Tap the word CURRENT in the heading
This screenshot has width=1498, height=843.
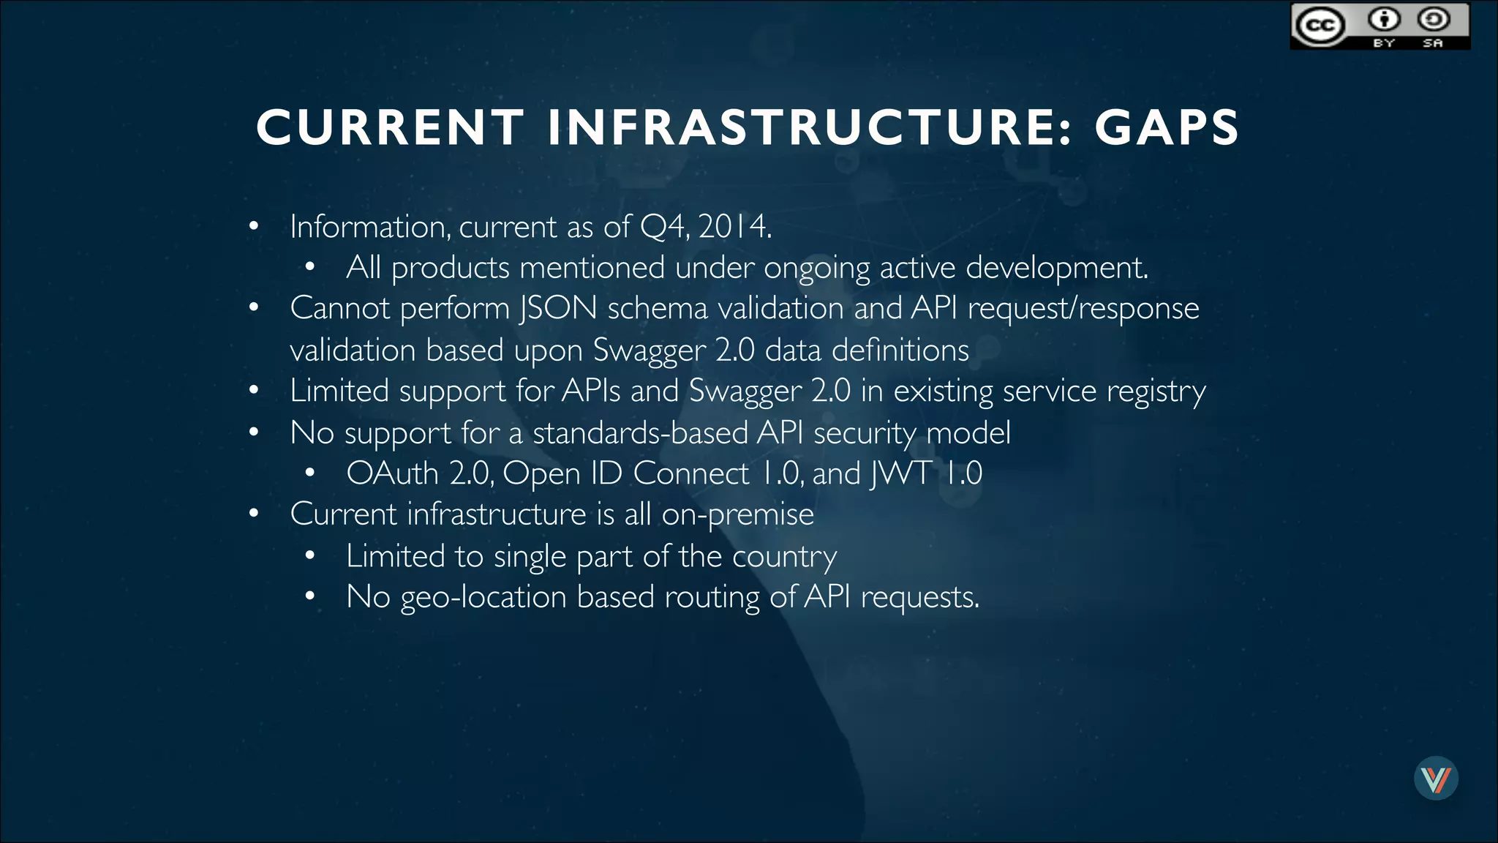click(390, 127)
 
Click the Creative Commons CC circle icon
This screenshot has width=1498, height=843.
click(1320, 26)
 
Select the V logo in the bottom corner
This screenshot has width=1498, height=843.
click(1436, 779)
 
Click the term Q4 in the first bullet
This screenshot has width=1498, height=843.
click(663, 227)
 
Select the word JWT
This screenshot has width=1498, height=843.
click(901, 473)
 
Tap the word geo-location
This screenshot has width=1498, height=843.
click(483, 597)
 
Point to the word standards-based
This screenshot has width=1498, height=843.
click(640, 433)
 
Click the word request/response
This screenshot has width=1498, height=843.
click(1083, 308)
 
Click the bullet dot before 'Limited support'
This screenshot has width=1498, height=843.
click(253, 391)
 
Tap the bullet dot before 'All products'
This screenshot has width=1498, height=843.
click(310, 268)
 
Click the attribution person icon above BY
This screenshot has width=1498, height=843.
click(1384, 19)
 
